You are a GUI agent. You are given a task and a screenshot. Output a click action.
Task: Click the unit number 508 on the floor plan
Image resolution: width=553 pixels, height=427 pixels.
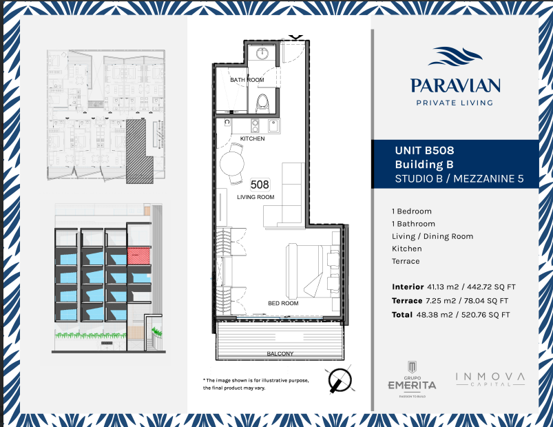pyautogui.click(x=260, y=185)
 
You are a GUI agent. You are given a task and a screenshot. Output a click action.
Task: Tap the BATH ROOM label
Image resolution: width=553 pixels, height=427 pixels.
pyautogui.click(x=247, y=80)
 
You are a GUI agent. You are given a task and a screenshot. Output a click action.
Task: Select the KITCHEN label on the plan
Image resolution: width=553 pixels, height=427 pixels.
pyautogui.click(x=252, y=138)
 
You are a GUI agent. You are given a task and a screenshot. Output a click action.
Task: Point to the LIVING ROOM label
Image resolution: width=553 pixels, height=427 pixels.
pyautogui.click(x=255, y=197)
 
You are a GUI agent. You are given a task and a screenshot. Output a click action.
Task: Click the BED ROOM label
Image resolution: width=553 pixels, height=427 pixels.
pyautogui.click(x=283, y=303)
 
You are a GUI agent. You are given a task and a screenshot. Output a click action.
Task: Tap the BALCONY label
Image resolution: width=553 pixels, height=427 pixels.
pyautogui.click(x=280, y=354)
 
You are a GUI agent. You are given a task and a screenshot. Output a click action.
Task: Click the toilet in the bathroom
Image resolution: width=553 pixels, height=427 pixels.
pyautogui.click(x=263, y=103)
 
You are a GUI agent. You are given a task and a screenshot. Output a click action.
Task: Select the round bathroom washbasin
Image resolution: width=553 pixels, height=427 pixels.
pyautogui.click(x=262, y=54)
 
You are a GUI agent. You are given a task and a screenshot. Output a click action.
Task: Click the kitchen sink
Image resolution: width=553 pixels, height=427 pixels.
pyautogui.click(x=273, y=126)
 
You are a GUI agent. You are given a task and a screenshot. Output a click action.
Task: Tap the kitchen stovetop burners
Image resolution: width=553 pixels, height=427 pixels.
pyautogui.click(x=255, y=126)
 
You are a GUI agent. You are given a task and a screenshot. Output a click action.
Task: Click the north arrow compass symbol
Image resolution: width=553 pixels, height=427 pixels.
pyautogui.click(x=340, y=379)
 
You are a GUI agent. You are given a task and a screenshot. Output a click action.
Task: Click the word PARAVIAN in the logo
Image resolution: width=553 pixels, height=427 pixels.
pyautogui.click(x=455, y=85)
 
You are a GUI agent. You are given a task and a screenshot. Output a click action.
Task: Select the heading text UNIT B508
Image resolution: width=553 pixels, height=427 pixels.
pyautogui.click(x=424, y=151)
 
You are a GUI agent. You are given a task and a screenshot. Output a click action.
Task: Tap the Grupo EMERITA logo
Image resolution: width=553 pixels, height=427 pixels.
pyautogui.click(x=412, y=379)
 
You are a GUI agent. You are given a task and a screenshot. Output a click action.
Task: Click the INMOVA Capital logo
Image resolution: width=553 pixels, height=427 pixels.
pyautogui.click(x=490, y=379)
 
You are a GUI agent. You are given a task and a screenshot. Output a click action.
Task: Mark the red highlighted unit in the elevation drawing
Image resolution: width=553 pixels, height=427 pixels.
pyautogui.click(x=139, y=256)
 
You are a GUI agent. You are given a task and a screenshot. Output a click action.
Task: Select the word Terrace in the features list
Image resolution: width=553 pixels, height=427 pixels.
pyautogui.click(x=406, y=261)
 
